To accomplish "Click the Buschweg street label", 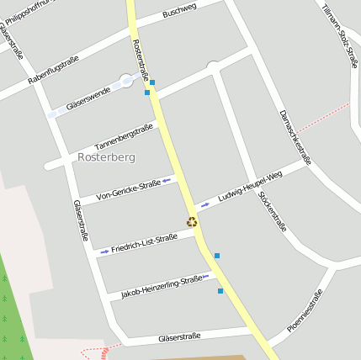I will pos(179,11).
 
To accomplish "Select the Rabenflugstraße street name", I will pos(53,70).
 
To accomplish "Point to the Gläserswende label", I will pos(88,98).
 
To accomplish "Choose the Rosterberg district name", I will pos(106,156).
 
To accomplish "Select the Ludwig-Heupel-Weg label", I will pos(249,185).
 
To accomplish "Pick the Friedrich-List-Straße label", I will pos(144,244).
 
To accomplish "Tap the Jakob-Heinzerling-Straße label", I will pos(162,286).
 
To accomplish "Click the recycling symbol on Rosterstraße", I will pos(192,222).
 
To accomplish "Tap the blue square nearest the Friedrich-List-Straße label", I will pos(216,256).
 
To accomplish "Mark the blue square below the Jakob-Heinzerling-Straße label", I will pos(220,291).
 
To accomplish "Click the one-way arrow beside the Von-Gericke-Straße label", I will pos(167,180).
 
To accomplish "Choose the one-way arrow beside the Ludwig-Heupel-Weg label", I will pos(205,204).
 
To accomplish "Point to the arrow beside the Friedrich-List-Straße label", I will pos(104,251).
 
